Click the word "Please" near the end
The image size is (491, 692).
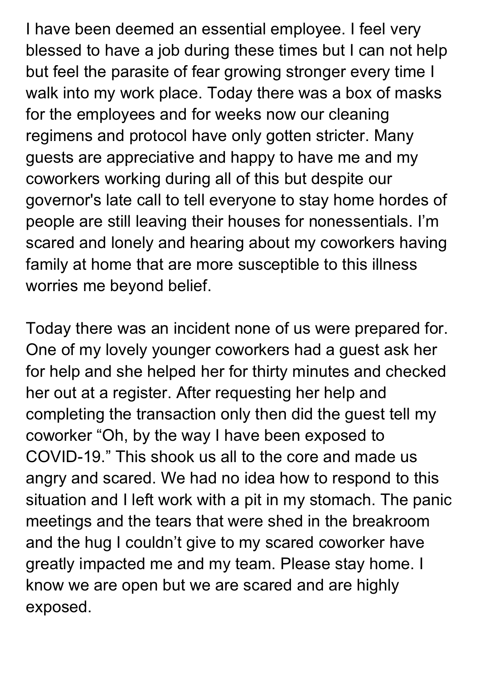click(305, 564)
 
